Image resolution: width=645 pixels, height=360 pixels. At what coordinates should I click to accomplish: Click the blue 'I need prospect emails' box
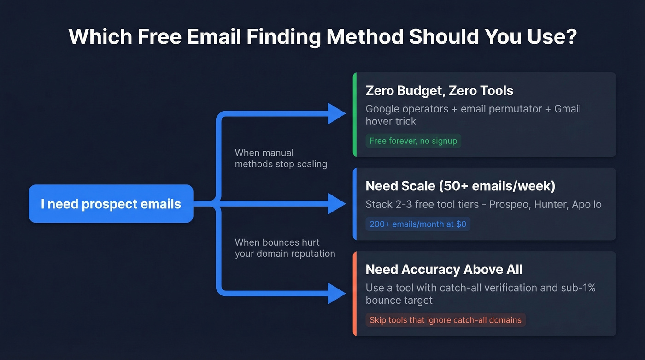pos(111,204)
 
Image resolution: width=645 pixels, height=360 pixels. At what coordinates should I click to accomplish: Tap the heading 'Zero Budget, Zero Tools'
pos(439,90)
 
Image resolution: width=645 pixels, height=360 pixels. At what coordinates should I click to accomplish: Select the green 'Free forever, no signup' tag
pos(413,141)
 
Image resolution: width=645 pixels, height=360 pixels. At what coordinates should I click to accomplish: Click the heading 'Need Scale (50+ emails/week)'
pos(460,186)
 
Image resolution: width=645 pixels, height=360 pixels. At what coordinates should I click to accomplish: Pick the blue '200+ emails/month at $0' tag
pos(417,224)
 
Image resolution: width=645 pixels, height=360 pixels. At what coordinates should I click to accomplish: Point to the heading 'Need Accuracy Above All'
pos(444,269)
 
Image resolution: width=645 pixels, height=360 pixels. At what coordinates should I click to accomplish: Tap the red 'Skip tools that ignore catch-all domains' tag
pos(445,320)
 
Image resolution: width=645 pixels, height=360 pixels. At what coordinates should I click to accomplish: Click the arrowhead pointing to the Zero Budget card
pos(336,113)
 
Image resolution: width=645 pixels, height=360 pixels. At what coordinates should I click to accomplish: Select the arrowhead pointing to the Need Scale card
pos(336,203)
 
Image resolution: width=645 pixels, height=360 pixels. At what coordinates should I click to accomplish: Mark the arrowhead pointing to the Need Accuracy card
pos(336,293)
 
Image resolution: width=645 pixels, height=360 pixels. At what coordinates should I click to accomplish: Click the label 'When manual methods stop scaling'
pos(281,158)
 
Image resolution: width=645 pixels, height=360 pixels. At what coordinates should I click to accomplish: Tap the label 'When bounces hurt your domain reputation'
pos(285,248)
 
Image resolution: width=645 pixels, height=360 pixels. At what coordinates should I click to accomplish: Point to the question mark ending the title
pos(571,37)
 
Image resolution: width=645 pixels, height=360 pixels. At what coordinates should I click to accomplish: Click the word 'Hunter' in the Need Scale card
pos(549,204)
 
